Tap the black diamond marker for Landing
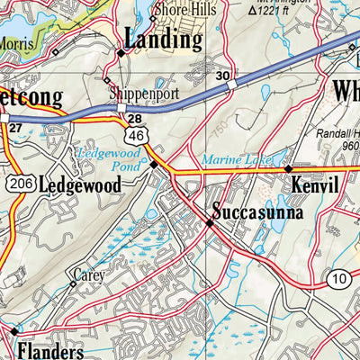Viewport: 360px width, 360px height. [120, 55]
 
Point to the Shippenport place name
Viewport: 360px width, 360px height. [139, 93]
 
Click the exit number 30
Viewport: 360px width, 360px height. [222, 76]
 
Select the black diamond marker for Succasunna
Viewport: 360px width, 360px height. [209, 222]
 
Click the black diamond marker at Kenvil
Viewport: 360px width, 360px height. [288, 168]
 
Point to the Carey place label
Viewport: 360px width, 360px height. [89, 274]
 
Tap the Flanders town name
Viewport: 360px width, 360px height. [57, 351]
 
